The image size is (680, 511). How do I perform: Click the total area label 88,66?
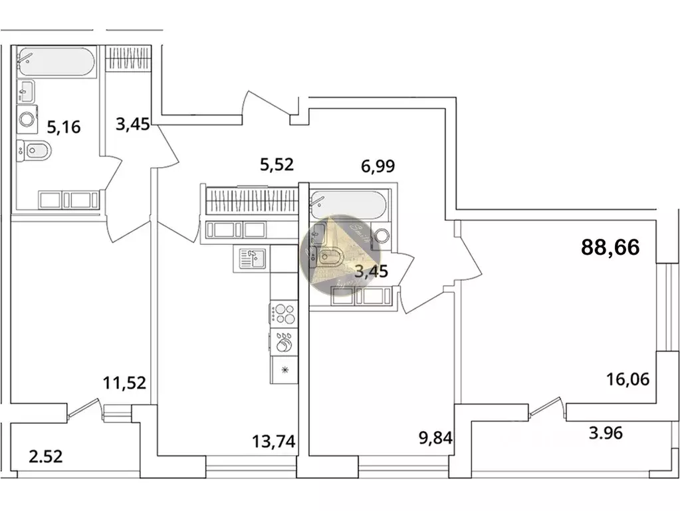610,248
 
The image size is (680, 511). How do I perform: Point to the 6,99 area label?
378,166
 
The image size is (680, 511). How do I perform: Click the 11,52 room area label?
124,383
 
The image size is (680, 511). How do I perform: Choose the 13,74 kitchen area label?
273,440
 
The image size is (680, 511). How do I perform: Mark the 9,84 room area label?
432,440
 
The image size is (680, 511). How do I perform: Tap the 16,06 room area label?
627,379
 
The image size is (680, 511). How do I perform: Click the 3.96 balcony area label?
608,434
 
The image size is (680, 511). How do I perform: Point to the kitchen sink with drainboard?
252,258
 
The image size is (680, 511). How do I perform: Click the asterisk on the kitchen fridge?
285,370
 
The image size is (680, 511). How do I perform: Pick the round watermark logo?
338,255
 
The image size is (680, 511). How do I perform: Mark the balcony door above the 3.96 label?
545,407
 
